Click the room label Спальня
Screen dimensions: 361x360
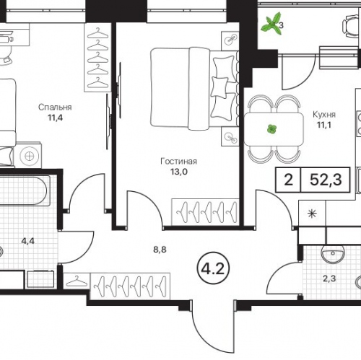coord(55,107)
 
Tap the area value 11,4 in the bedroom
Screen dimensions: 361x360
coord(56,118)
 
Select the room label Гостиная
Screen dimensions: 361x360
coord(178,161)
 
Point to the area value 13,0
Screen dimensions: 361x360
coord(179,172)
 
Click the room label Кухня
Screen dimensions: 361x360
coord(324,115)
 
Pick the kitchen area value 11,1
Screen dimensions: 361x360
coord(324,125)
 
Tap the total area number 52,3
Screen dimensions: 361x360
coord(326,180)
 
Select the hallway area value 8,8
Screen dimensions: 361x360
coord(160,250)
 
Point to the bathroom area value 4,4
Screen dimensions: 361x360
coord(28,241)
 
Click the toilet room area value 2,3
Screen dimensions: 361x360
coord(329,278)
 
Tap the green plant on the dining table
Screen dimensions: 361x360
coord(271,129)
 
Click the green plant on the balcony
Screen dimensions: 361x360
coord(271,23)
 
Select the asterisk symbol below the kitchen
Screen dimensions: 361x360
coord(313,214)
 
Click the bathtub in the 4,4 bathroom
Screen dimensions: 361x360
coord(24,191)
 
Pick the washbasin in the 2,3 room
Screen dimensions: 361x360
coord(333,254)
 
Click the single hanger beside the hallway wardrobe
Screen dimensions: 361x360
coord(77,281)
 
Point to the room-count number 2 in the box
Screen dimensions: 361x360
coord(288,180)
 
